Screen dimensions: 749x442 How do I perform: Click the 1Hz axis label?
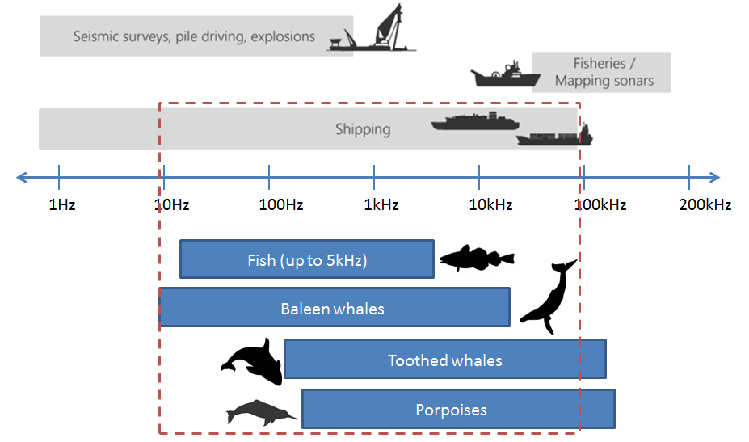click(x=62, y=205)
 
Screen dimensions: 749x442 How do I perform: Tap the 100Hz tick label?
click(x=281, y=205)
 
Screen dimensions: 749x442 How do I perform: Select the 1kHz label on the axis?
click(x=381, y=205)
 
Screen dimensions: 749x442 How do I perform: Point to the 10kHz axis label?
click(x=490, y=205)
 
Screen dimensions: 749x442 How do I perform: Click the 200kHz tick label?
click(x=705, y=205)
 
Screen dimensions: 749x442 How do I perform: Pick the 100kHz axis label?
click(x=600, y=205)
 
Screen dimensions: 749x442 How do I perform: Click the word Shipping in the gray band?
click(x=363, y=129)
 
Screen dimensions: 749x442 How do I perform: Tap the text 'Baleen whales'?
click(x=332, y=309)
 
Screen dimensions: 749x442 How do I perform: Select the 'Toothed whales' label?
click(x=445, y=360)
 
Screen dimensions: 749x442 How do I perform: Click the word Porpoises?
click(x=452, y=410)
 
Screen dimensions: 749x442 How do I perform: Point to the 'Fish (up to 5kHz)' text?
click(x=307, y=260)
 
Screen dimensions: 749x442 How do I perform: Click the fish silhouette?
click(x=477, y=258)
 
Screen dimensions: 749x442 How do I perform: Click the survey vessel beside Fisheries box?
click(x=505, y=75)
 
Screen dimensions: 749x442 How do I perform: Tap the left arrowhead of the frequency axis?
click(x=21, y=177)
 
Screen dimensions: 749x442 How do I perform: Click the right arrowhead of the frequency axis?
click(x=715, y=177)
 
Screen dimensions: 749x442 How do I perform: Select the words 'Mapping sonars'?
click(x=604, y=81)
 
